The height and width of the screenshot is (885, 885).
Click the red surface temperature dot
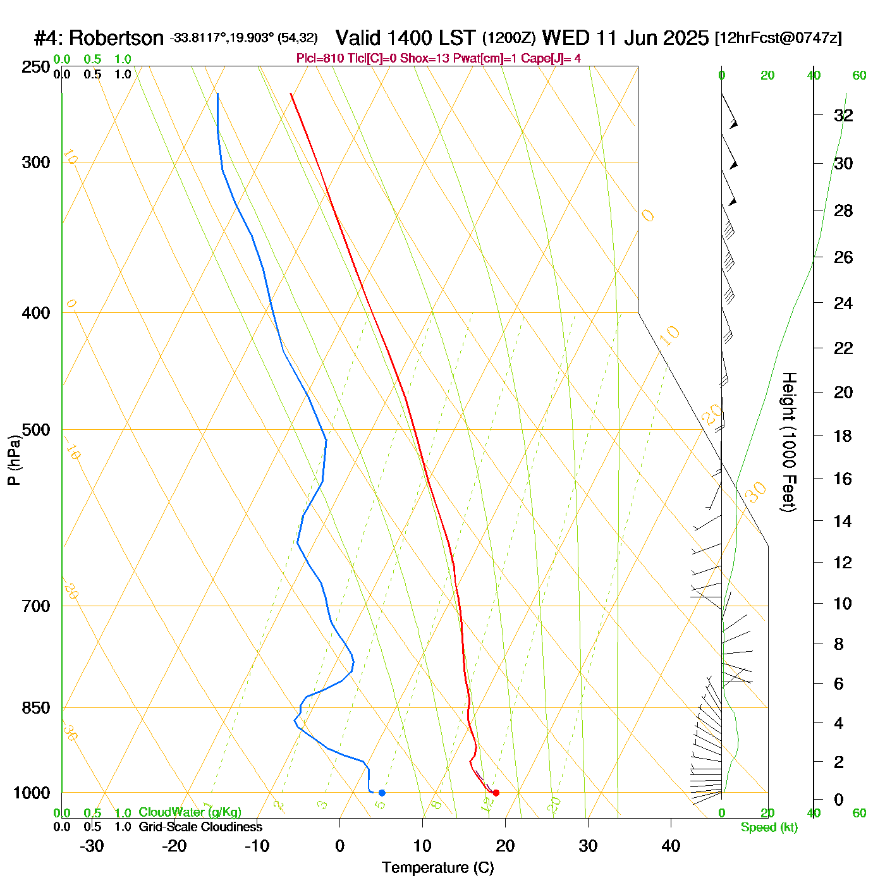496,793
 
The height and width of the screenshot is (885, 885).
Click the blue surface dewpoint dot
382,793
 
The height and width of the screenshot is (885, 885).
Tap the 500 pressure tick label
36,430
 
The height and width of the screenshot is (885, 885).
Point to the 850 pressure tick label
36,708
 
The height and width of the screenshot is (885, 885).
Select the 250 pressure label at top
36,67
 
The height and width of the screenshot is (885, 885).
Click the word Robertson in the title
116,39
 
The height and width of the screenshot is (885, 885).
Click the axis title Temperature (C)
437,868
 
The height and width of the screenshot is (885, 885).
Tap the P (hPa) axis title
14,460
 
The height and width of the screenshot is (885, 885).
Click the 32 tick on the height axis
843,115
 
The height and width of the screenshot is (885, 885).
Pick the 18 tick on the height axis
843,436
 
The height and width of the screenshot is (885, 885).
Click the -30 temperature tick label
92,846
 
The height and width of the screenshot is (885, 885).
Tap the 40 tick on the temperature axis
671,846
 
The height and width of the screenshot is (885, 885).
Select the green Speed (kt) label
769,827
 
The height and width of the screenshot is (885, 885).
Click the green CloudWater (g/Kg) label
190,812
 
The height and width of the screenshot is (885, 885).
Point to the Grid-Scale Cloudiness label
200,827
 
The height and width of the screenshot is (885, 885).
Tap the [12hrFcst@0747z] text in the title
778,39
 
